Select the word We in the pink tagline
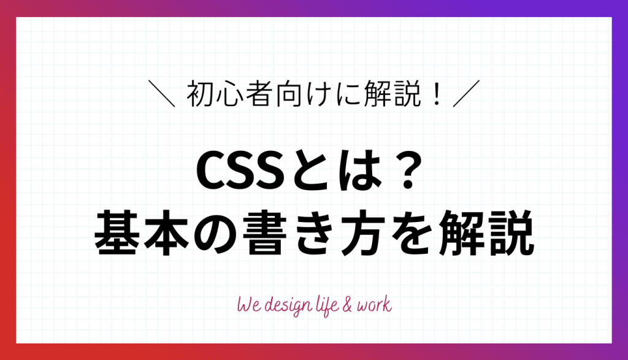pyautogui.click(x=247, y=305)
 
